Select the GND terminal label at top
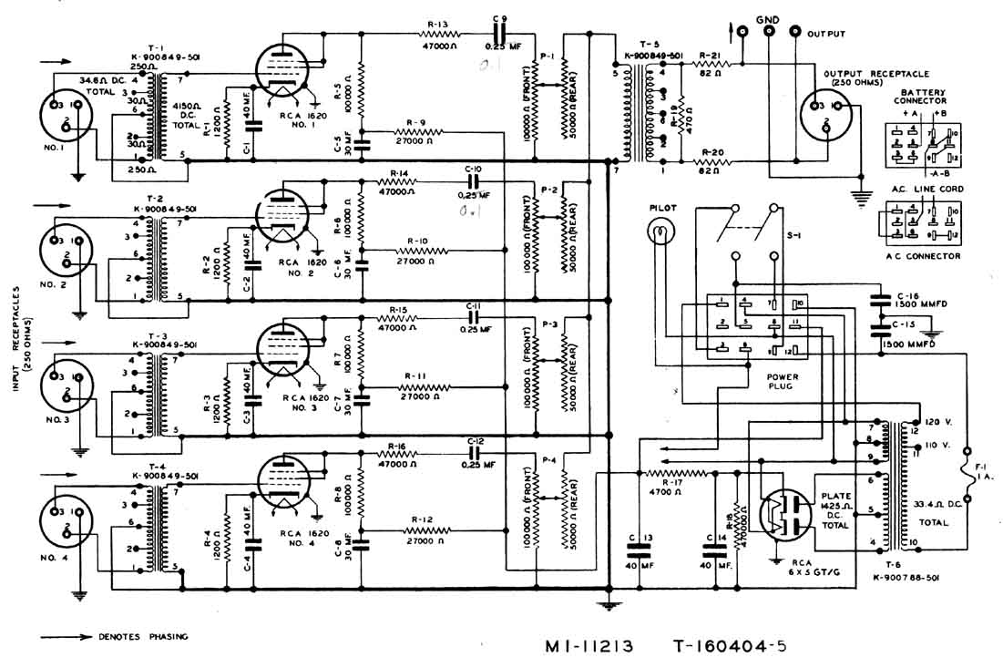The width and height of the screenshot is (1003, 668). [766, 17]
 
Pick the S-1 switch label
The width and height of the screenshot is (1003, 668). [793, 234]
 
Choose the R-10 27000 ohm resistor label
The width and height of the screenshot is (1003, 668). [420, 241]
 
